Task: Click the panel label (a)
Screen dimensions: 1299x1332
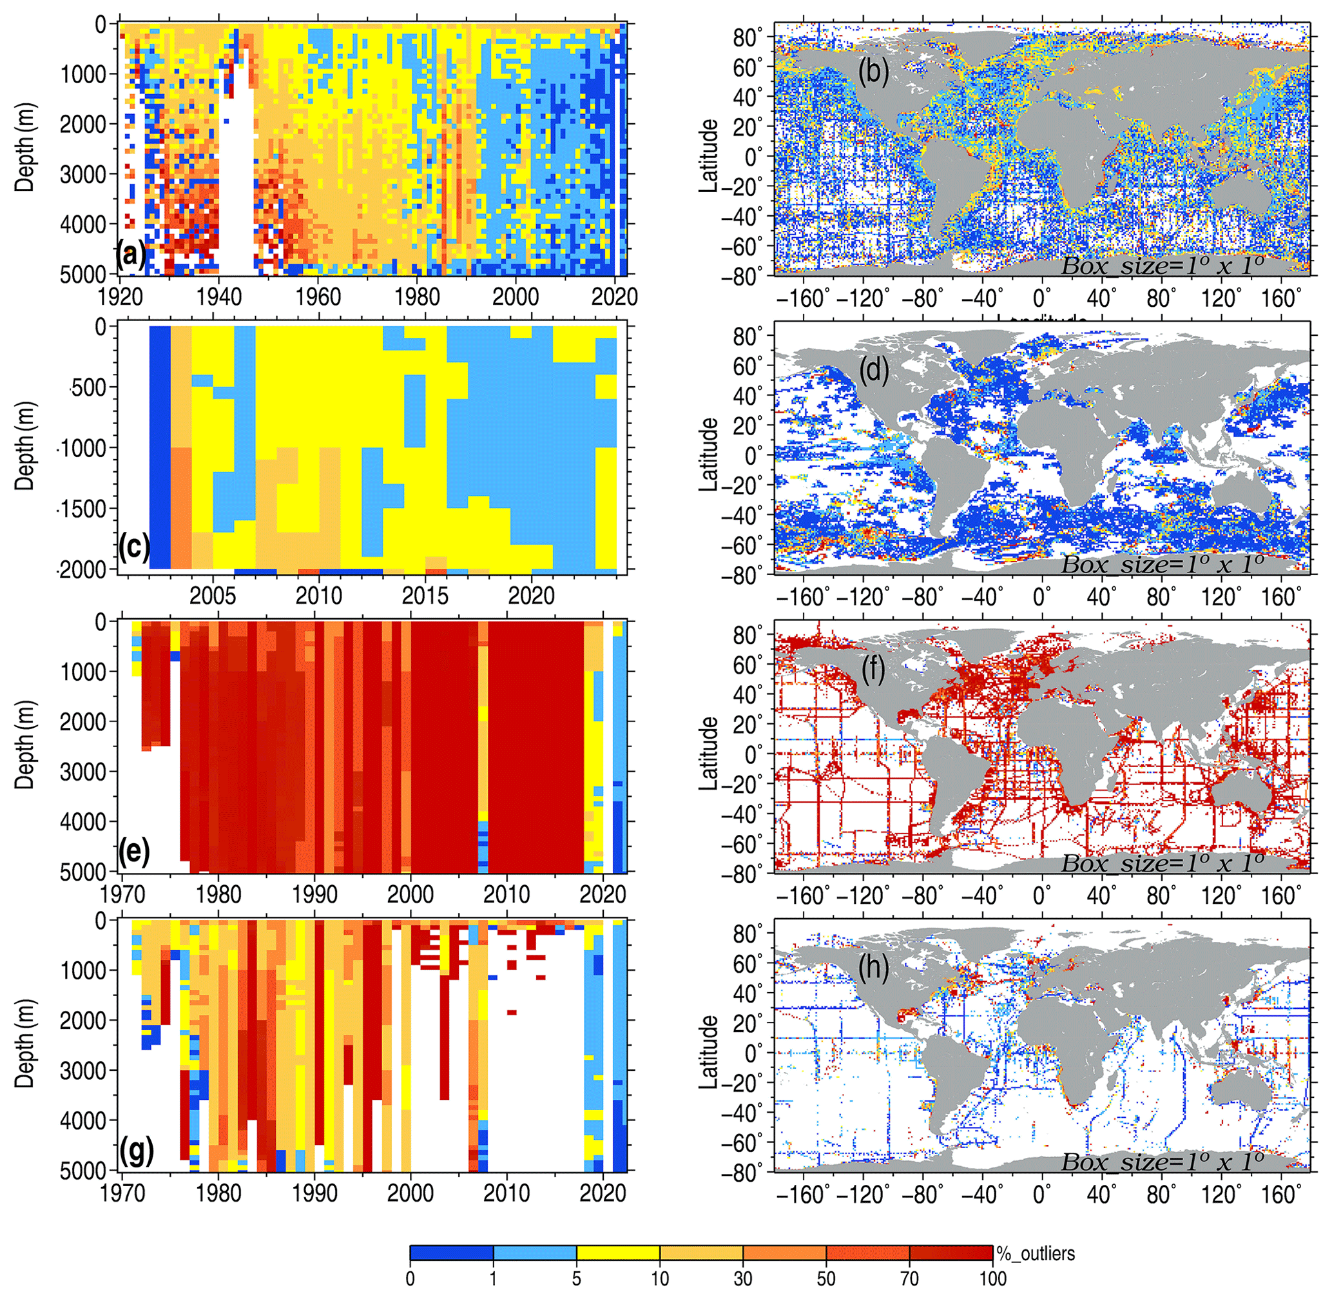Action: (x=131, y=257)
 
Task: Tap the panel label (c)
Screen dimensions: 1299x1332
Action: (x=133, y=548)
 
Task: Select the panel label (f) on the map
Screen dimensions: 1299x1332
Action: (x=873, y=670)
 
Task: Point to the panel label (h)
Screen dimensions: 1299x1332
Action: (x=873, y=969)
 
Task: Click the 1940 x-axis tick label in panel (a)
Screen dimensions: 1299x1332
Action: (x=219, y=297)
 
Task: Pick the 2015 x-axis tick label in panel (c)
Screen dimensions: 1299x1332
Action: (x=425, y=596)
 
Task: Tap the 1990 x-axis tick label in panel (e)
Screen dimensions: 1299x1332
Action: (x=314, y=894)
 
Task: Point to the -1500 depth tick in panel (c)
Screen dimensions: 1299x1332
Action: (x=81, y=509)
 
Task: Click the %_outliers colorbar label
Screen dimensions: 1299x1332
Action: (x=1036, y=1253)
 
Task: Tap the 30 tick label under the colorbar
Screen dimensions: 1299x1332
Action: (x=743, y=1278)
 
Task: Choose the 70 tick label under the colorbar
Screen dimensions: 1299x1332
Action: (x=909, y=1278)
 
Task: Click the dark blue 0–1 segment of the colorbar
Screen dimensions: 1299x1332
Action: (x=452, y=1253)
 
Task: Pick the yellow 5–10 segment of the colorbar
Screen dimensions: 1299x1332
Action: (x=618, y=1253)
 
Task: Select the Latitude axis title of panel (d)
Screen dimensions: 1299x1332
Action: (x=710, y=454)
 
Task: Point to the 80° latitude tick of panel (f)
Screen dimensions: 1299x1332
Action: (x=748, y=636)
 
